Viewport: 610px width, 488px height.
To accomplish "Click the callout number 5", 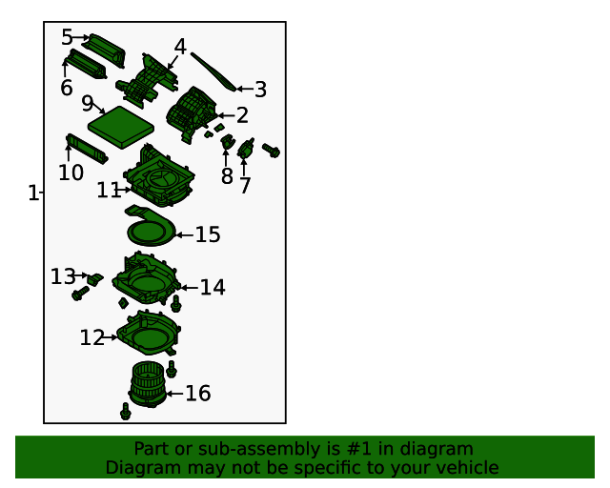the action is (x=67, y=37).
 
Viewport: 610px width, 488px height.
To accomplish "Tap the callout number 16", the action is (x=198, y=394).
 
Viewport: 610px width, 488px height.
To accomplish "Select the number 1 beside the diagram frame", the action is (x=33, y=193).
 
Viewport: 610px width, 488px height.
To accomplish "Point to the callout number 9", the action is (x=88, y=103).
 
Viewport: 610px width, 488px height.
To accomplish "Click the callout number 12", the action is (x=92, y=337).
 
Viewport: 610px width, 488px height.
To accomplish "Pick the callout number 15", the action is (x=208, y=235).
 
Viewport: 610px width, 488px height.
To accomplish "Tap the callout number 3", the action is (x=260, y=90).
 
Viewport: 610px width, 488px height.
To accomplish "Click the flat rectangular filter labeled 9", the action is (x=121, y=127).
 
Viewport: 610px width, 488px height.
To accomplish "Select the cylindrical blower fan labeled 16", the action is (x=148, y=384).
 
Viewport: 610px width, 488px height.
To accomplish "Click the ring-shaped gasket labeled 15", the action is (x=151, y=227).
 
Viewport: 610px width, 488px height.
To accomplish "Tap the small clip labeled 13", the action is (x=95, y=278).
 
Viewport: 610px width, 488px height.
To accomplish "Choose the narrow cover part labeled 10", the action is (x=87, y=149).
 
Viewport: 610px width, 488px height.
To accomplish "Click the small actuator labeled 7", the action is (x=246, y=148).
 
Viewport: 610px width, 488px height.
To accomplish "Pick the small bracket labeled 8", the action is (x=227, y=141).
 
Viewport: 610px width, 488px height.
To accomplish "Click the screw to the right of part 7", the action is (x=271, y=151).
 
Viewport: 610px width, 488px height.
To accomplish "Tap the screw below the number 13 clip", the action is (x=80, y=293).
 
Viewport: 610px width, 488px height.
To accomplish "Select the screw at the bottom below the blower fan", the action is (x=125, y=412).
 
